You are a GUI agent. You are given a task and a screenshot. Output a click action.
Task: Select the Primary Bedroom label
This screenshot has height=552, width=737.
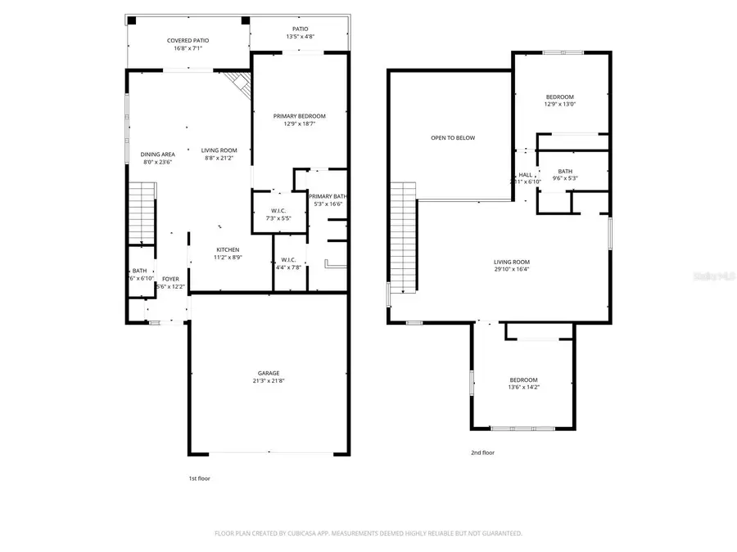pos(299,116)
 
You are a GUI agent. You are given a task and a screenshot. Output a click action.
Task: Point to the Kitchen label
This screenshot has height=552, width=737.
pos(228,249)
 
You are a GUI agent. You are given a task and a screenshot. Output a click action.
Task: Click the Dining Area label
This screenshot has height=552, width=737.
pos(157,154)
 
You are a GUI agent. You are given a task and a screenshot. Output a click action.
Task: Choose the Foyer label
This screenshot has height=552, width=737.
pos(170,279)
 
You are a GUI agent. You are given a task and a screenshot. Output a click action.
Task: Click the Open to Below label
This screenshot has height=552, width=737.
pos(453,137)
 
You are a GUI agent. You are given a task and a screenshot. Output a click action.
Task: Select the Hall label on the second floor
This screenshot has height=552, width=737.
pos(525,175)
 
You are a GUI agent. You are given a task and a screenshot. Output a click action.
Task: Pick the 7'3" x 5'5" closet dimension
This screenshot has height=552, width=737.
pos(271,218)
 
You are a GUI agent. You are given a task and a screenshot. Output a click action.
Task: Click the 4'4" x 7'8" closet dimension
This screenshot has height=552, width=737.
pos(288,267)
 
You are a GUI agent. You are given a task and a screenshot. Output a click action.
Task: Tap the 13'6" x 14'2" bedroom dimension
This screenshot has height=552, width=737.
pos(524,388)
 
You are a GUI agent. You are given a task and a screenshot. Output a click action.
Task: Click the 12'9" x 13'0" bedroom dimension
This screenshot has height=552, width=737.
pos(560,104)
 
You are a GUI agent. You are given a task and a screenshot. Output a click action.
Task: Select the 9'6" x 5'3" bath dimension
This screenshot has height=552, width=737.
pos(565,178)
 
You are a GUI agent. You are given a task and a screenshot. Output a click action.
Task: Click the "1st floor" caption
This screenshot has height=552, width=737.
pos(199,478)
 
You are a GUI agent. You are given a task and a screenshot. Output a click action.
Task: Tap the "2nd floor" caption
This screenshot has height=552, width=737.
pos(482,452)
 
